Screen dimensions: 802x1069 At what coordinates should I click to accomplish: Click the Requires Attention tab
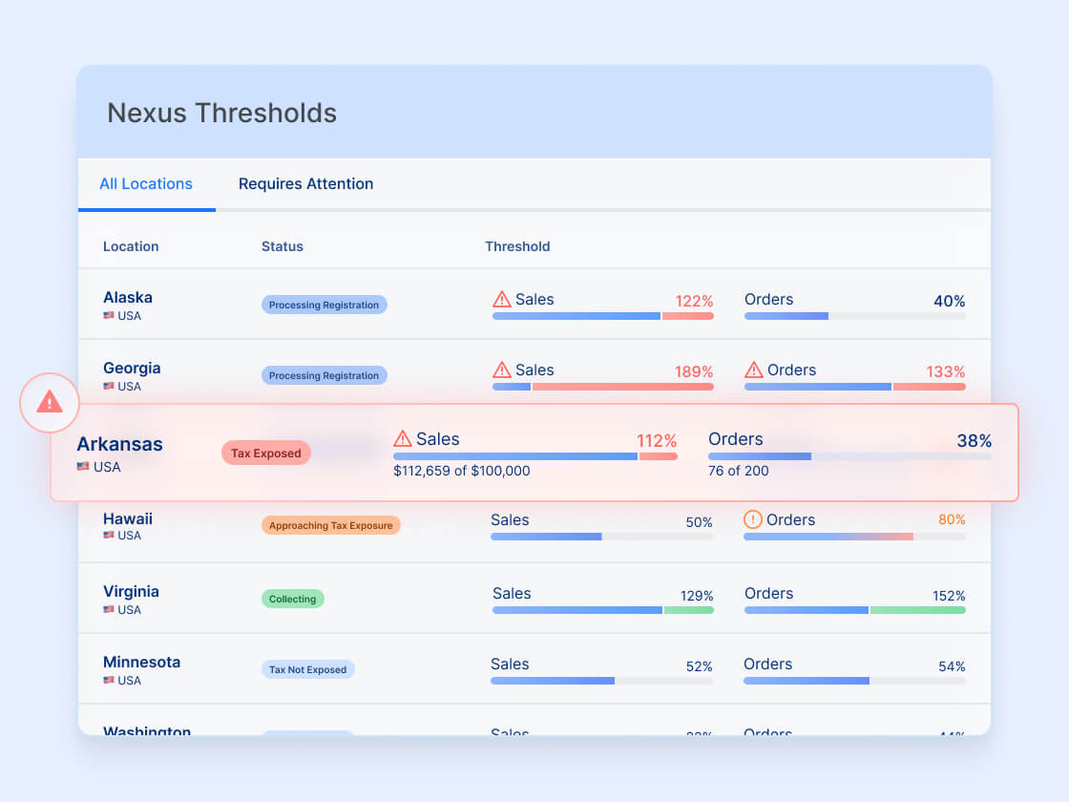305,184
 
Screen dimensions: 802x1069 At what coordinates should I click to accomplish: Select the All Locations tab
146,184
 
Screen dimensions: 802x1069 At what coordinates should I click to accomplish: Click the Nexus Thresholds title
221,113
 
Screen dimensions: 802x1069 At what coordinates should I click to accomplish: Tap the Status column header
282,246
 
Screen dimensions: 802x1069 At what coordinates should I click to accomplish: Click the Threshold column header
517,246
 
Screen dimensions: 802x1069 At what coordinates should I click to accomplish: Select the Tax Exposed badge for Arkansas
266,454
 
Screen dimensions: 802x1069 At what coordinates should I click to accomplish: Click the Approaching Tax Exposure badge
330,525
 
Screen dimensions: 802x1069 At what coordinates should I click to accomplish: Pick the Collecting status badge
292,599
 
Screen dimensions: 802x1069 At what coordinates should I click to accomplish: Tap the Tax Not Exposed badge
307,669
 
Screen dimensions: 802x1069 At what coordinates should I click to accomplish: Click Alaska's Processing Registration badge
324,305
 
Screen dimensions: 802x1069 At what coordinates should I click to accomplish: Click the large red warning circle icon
49,402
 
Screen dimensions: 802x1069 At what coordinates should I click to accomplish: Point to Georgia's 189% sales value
694,371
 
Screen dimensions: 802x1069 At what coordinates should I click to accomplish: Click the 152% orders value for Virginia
949,596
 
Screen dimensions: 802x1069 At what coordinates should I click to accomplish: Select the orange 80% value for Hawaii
952,520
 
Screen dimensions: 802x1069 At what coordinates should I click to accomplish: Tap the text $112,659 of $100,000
461,471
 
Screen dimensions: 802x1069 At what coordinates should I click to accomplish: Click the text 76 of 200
738,471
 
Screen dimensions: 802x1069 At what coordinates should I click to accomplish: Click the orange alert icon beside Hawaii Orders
753,519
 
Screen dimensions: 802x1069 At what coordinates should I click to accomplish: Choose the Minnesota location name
141,662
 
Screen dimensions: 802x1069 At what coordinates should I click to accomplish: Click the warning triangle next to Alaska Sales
502,300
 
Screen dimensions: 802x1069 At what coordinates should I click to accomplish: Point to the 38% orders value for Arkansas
974,441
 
